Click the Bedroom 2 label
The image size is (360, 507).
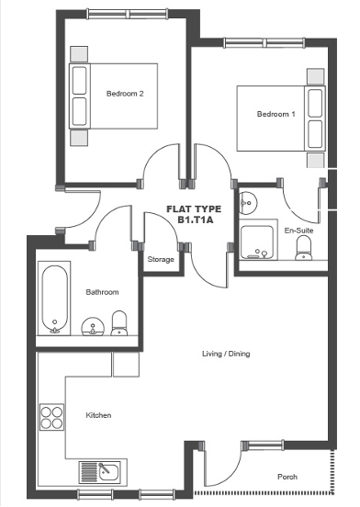pos(125,94)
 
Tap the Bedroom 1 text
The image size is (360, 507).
pos(276,114)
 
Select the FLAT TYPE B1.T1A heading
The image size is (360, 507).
pos(194,214)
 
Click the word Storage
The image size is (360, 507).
pos(161,259)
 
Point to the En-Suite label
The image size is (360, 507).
pos(298,231)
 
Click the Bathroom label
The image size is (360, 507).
pos(102,292)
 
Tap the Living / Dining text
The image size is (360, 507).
pos(226,354)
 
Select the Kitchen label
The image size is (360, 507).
pos(98,415)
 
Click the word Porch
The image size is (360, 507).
pos(287,477)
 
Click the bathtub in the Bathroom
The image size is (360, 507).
pos(54,299)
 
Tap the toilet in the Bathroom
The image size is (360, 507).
pos(119,323)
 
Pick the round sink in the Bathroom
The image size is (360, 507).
pos(93,326)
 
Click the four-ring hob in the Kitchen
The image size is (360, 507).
pos(51,417)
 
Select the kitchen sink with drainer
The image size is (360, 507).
pos(100,472)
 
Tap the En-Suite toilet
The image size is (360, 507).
pos(304,248)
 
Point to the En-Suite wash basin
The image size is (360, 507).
pos(248,203)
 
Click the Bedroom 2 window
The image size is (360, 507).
pos(128,14)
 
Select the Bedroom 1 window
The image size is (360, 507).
pos(264,43)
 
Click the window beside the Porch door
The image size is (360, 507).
pos(263,445)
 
